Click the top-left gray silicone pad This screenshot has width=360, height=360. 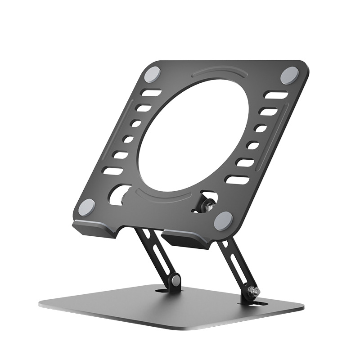tap(154, 72)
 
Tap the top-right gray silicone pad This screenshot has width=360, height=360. tap(289, 75)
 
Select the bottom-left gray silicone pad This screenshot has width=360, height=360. tap(86, 207)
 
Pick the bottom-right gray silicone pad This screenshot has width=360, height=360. tap(223, 221)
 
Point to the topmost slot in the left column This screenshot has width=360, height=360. tap(151, 93)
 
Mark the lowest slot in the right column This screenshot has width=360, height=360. tap(237, 180)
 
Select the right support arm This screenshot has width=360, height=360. tap(236, 265)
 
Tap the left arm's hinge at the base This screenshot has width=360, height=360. tap(175, 283)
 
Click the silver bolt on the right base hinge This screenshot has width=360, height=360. tap(256, 292)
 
